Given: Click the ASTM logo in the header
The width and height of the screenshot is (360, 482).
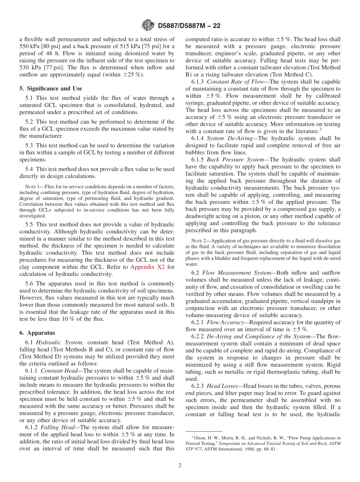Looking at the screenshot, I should click(148, 25).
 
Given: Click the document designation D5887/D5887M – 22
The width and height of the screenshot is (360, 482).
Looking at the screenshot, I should click(189, 26).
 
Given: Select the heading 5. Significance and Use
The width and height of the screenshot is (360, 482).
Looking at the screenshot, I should click(51, 88).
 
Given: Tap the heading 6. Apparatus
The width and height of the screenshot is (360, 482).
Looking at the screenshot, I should click(37, 333).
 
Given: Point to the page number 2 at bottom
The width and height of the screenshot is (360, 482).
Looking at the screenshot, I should click(180, 466).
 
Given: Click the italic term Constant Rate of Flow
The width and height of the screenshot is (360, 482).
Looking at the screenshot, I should click(231, 82).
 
